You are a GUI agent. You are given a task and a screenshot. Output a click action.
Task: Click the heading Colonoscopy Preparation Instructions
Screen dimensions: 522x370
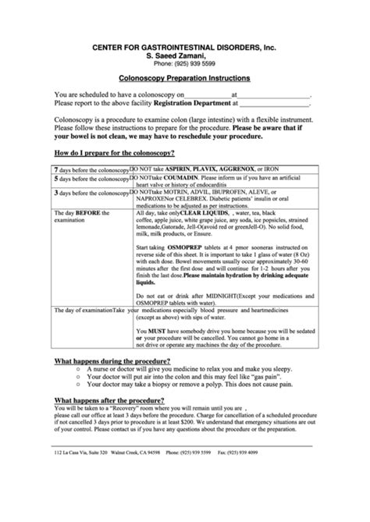[184, 79]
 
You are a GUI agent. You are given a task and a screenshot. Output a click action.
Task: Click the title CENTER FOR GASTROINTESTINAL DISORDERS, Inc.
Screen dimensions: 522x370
[184, 46]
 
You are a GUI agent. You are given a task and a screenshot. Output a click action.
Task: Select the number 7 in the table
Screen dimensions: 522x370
[55, 169]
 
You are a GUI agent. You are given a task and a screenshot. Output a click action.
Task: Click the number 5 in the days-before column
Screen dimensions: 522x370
[55, 179]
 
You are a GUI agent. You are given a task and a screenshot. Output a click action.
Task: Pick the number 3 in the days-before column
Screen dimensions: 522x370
[55, 192]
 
